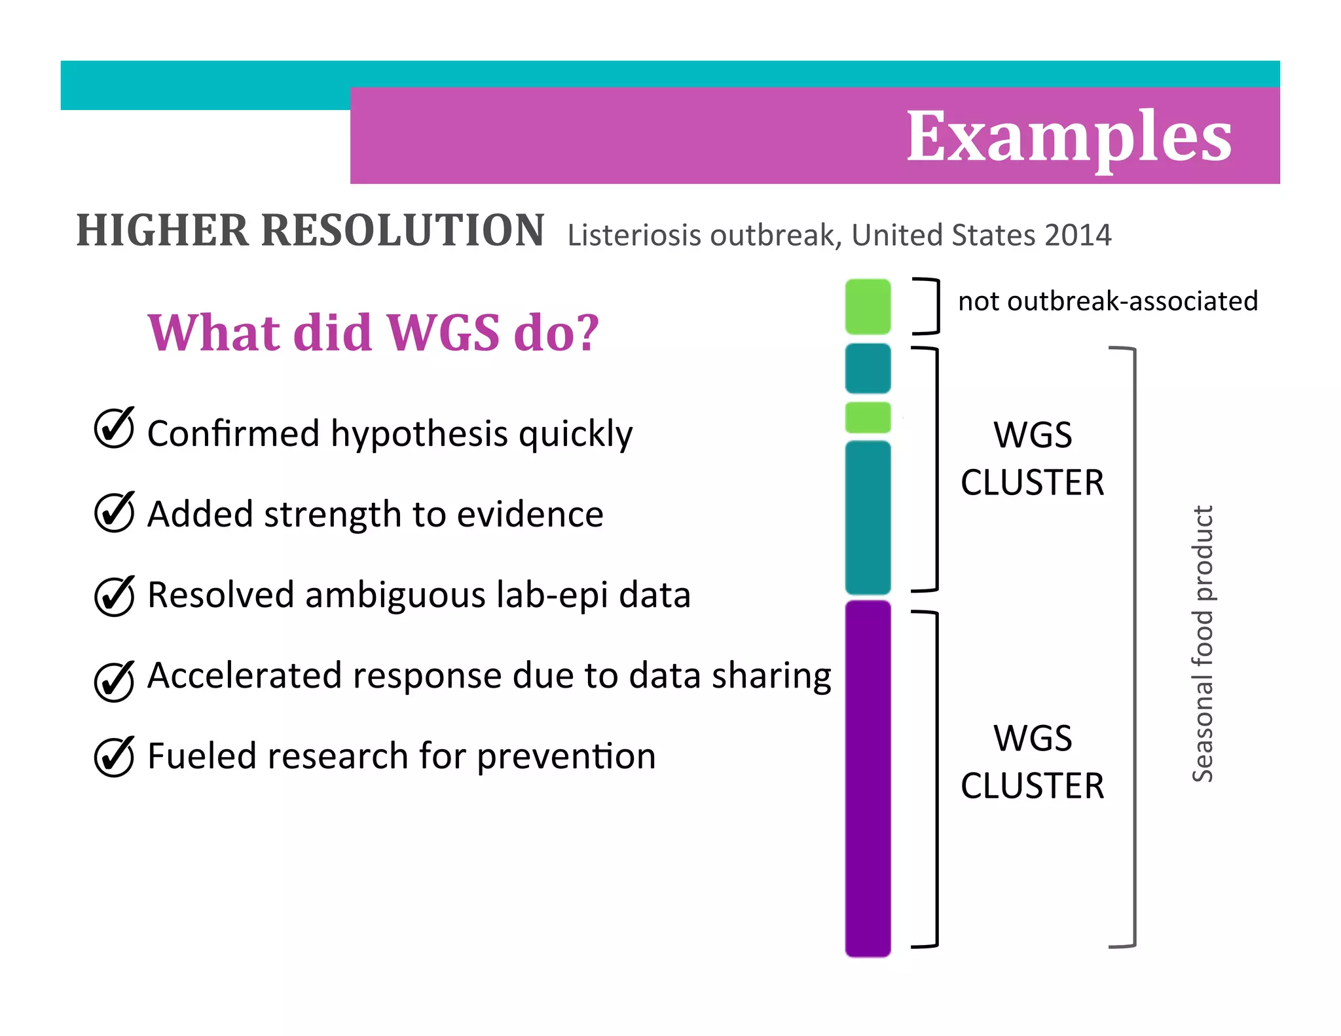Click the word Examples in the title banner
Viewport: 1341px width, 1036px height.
[1069, 138]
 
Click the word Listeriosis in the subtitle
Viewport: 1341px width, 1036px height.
[634, 235]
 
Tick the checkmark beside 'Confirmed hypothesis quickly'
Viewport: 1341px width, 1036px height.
[115, 428]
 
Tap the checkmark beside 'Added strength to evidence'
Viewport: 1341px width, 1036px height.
[115, 511]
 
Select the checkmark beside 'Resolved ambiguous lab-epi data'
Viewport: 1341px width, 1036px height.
[115, 596]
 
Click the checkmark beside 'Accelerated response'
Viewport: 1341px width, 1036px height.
[115, 681]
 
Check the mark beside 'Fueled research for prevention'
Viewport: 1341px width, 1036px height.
[115, 757]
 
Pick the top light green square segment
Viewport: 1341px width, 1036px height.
[868, 306]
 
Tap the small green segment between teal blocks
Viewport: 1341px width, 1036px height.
[868, 417]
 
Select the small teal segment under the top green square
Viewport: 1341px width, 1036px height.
[868, 368]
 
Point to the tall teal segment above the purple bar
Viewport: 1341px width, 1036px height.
[868, 517]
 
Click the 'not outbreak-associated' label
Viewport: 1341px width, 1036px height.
[1108, 301]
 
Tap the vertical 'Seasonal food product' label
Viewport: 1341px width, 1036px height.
[1203, 644]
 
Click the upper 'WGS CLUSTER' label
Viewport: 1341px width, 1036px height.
[1033, 458]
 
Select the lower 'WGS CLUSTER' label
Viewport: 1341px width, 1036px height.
[1033, 762]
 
